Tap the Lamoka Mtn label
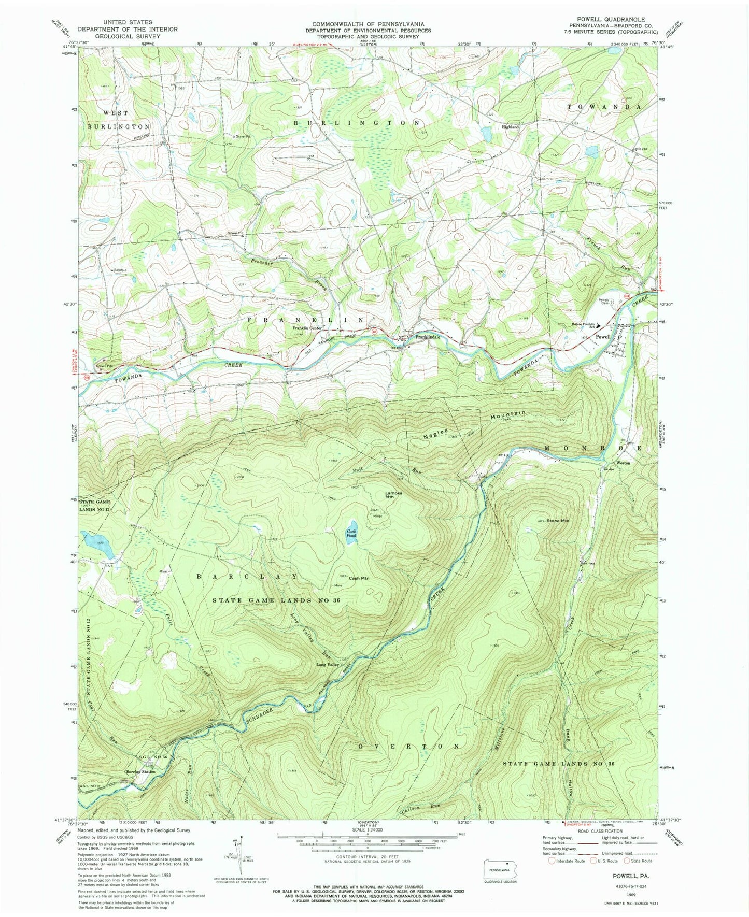tap(393, 494)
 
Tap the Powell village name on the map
tap(602, 336)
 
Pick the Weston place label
tap(623, 463)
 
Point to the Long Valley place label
tap(328, 664)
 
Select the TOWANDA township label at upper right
tap(604, 107)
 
